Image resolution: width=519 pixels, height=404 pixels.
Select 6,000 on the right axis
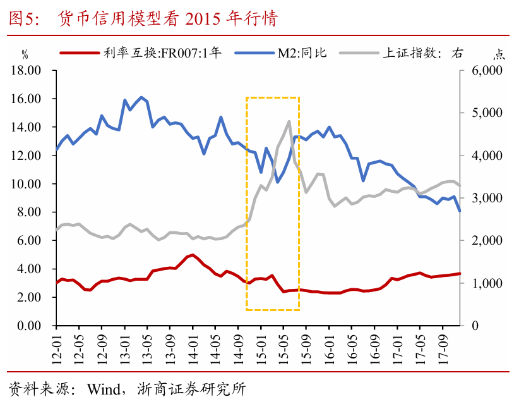[487, 70]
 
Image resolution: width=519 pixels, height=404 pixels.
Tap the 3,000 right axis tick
[487, 198]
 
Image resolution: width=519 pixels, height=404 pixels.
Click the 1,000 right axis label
[487, 283]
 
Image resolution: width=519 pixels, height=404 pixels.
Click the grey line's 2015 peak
[289, 121]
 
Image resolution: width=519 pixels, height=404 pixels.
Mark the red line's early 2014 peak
[193, 255]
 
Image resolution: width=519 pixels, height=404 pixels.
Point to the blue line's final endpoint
[460, 211]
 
